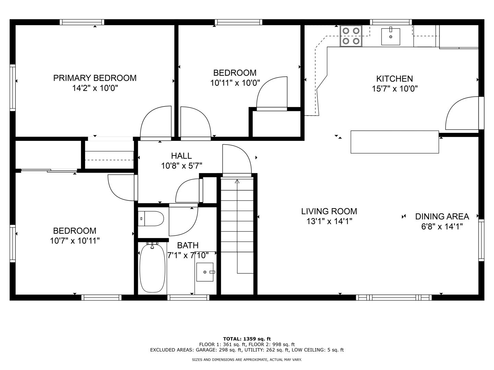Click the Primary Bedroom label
pyautogui.click(x=95, y=78)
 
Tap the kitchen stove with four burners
pyautogui.click(x=351, y=36)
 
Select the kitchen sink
pyautogui.click(x=391, y=36)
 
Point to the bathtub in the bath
pyautogui.click(x=152, y=268)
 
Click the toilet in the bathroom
pyautogui.click(x=151, y=219)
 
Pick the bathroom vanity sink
pyautogui.click(x=205, y=272)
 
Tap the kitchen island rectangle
pyautogui.click(x=395, y=142)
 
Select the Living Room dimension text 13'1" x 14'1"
pyautogui.click(x=329, y=221)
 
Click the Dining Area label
pyautogui.click(x=442, y=217)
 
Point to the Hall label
pyautogui.click(x=181, y=156)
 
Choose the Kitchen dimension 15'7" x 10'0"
pyautogui.click(x=395, y=89)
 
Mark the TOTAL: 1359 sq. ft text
pyautogui.click(x=247, y=339)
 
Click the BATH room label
pyautogui.click(x=188, y=245)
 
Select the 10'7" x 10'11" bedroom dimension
pyautogui.click(x=75, y=241)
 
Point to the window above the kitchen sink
pyautogui.click(x=391, y=22)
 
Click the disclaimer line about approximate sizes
pyautogui.click(x=247, y=360)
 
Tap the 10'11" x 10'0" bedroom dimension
pyautogui.click(x=235, y=83)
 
